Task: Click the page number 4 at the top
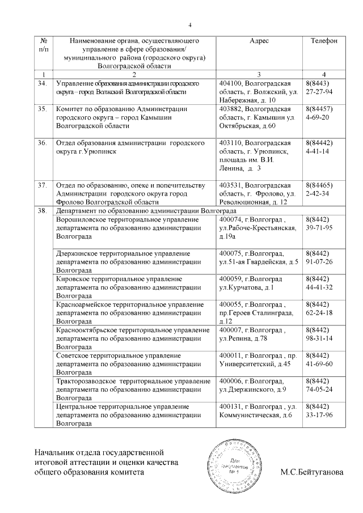click(x=190, y=24)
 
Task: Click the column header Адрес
click(x=259, y=41)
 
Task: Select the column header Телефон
click(x=324, y=41)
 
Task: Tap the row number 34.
click(x=41, y=83)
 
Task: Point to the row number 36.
click(x=41, y=144)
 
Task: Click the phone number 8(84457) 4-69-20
click(x=318, y=113)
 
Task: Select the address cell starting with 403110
click(x=255, y=156)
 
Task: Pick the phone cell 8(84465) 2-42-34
click(x=318, y=189)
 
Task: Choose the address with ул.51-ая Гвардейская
click(x=259, y=257)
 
